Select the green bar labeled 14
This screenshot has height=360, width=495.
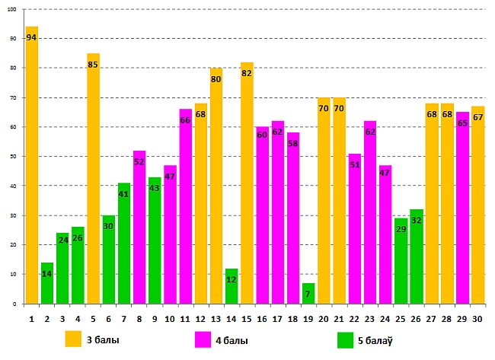pos(47,285)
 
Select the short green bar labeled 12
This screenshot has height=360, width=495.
pos(232,289)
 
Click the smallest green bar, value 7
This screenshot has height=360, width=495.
pos(308,295)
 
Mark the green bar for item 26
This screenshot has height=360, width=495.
pos(416,259)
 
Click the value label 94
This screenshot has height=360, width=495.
pos(31,37)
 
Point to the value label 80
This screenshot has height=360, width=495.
pos(216,79)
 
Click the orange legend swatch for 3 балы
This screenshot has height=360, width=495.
pos(74,339)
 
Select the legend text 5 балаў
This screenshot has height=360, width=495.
pos(375,340)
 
